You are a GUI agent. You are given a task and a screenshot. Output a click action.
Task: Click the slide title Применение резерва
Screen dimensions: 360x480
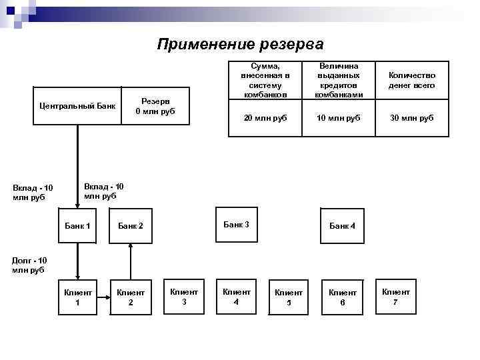pos(240,45)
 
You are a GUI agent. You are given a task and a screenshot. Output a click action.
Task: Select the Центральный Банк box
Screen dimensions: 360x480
pos(77,106)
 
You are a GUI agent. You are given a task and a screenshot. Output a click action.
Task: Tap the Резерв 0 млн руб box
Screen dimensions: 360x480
pos(155,106)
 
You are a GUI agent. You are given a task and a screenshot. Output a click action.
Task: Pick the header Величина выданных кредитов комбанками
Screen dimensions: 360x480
pos(339,81)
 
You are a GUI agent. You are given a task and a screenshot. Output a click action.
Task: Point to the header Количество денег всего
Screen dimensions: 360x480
pos(413,81)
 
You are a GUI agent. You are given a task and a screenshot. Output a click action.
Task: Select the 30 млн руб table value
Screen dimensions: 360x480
pos(413,117)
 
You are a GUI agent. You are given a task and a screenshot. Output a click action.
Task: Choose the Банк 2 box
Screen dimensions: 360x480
pos(131,226)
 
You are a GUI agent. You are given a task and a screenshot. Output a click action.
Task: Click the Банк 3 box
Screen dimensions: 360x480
pos(236,225)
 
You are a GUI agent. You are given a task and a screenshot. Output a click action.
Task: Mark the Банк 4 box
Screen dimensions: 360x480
pos(342,226)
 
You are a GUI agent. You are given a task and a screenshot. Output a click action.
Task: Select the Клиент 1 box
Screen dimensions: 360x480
pos(77,297)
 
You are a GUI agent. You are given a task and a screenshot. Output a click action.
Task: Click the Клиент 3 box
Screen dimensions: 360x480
pos(184,296)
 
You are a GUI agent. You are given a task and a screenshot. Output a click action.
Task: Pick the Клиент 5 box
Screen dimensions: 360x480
pos(289,297)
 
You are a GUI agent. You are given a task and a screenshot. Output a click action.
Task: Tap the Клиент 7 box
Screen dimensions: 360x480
pos(395,296)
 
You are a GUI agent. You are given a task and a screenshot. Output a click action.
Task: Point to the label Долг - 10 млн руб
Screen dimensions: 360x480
pos(29,265)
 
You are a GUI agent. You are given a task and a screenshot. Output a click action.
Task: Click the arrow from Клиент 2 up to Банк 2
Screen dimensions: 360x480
pos(131,260)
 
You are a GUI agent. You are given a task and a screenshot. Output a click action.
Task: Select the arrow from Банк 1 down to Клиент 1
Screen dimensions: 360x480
pos(77,260)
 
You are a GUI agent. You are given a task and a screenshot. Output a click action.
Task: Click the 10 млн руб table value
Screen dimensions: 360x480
pos(339,117)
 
